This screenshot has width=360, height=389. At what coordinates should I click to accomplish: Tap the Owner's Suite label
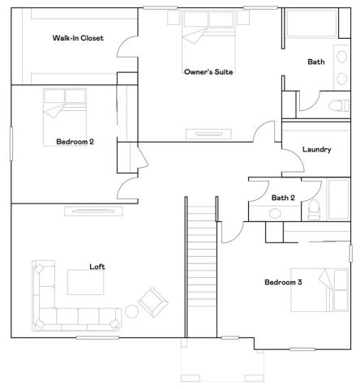(x=208, y=72)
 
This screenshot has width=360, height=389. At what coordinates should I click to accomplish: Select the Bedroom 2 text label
(x=75, y=142)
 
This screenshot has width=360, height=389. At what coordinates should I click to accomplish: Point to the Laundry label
(x=315, y=149)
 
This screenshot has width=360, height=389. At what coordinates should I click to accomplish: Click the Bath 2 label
(x=283, y=197)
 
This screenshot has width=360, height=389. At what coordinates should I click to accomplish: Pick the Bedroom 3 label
(x=283, y=283)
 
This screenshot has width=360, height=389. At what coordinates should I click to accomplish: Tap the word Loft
(x=97, y=267)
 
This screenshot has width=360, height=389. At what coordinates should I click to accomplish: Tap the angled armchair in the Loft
(x=152, y=301)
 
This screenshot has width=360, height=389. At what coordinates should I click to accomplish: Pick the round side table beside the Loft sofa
(x=132, y=311)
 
